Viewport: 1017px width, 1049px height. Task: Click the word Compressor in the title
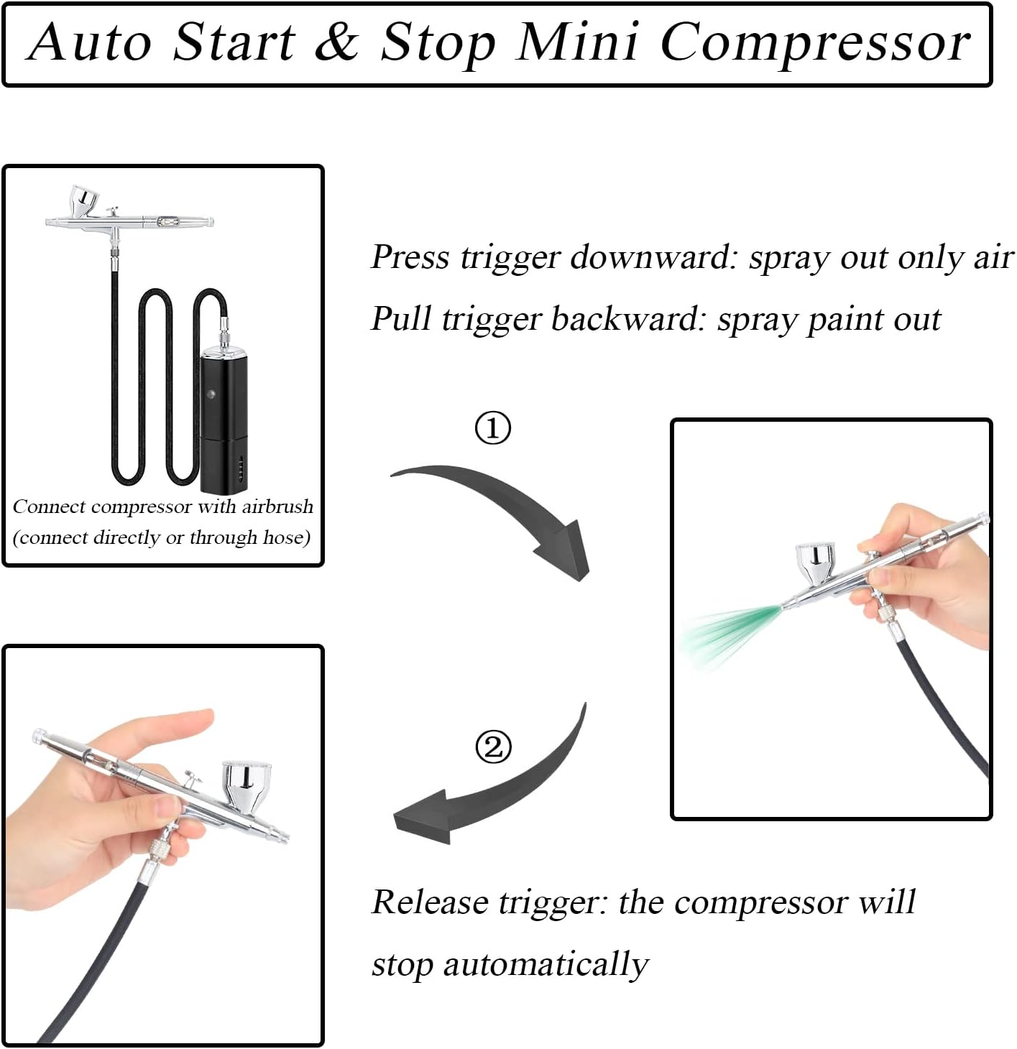pyautogui.click(x=815, y=43)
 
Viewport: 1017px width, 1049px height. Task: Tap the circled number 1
pyautogui.click(x=493, y=428)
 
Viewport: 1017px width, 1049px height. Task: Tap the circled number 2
pyautogui.click(x=494, y=747)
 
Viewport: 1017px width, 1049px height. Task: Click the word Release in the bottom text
pyautogui.click(x=429, y=902)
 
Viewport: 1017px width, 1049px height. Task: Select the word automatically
pyautogui.click(x=546, y=964)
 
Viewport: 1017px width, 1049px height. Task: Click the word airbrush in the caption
pyautogui.click(x=277, y=507)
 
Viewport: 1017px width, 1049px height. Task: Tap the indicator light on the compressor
pyautogui.click(x=211, y=394)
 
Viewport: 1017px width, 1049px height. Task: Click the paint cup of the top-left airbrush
pyautogui.click(x=83, y=200)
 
